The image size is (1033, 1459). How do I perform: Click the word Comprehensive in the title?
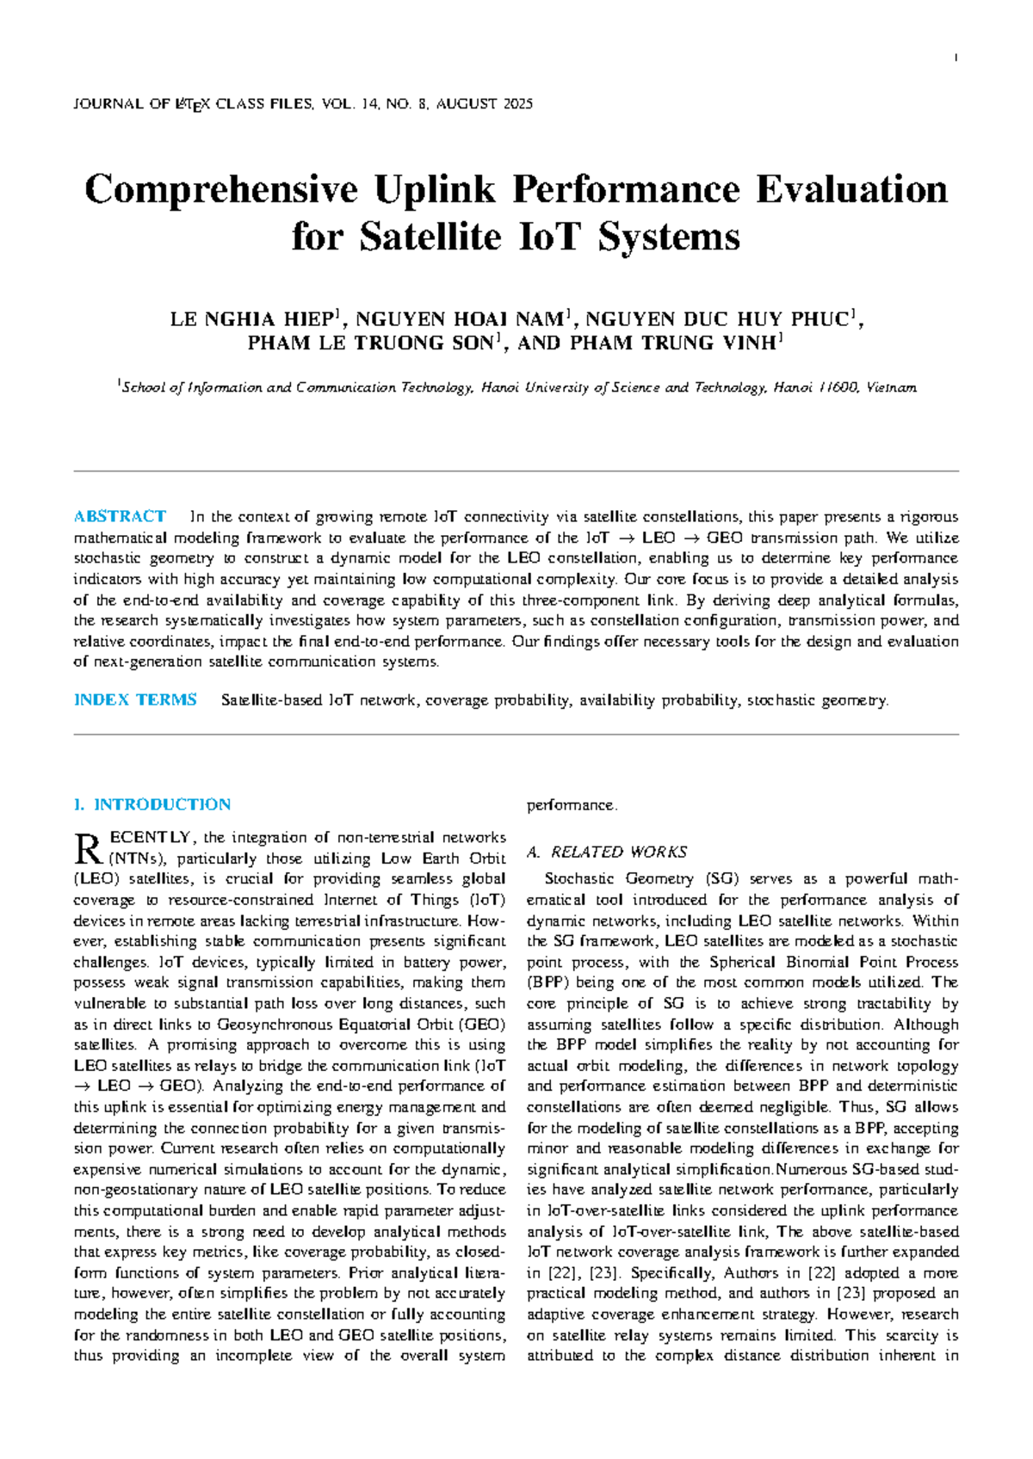click(x=220, y=190)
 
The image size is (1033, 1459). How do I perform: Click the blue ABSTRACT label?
click(x=120, y=516)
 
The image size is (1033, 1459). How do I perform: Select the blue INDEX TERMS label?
click(x=135, y=699)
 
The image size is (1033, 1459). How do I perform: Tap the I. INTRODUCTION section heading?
click(x=152, y=804)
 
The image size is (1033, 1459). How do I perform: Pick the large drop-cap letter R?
click(x=88, y=848)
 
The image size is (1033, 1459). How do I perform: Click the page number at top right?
click(x=956, y=58)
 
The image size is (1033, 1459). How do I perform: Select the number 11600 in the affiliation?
click(x=838, y=388)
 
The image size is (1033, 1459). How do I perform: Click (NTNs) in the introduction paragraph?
click(x=138, y=858)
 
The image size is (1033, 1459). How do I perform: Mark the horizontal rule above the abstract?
click(x=516, y=471)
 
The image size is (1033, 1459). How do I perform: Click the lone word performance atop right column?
click(x=571, y=805)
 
